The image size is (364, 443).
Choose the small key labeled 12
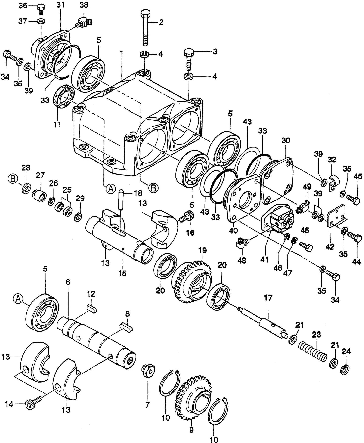92,309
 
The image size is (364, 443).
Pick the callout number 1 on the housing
122,54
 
